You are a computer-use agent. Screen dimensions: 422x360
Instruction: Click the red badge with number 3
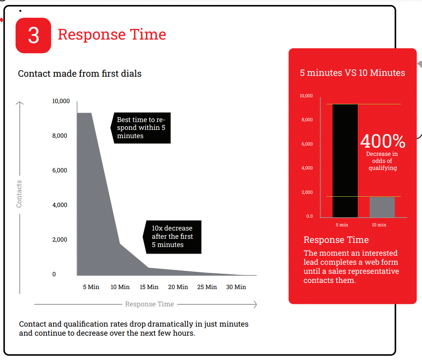tap(33, 35)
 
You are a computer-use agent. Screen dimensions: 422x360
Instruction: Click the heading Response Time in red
tap(112, 35)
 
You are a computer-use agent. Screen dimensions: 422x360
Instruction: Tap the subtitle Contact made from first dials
tap(80, 73)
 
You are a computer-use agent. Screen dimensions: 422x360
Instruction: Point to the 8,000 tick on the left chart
tap(60, 136)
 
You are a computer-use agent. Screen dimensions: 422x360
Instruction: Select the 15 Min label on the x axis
tap(149, 287)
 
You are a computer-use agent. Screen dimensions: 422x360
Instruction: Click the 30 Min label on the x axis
tap(236, 287)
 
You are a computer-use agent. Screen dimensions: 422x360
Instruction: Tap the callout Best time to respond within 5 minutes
tap(141, 128)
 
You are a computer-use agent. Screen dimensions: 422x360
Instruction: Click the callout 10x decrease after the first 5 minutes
tap(172, 237)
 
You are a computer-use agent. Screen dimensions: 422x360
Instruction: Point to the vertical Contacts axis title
tap(19, 194)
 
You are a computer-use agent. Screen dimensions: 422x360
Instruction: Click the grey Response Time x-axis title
tap(150, 304)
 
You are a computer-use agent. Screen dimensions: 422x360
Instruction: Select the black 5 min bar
tap(345, 161)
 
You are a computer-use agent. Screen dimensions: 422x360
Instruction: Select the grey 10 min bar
tap(382, 207)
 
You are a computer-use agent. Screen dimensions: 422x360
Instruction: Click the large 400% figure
tap(383, 141)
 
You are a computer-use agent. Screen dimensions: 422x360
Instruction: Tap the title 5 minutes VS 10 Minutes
tap(352, 73)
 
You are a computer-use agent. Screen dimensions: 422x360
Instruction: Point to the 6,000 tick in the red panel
tap(307, 144)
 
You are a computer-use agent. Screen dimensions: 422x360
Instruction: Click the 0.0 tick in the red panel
tap(309, 216)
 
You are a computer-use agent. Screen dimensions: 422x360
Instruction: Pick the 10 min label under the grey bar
tap(379, 225)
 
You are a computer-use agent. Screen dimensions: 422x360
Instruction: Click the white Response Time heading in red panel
tap(336, 240)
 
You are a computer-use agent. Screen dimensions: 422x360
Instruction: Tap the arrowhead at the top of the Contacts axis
tap(20, 103)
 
